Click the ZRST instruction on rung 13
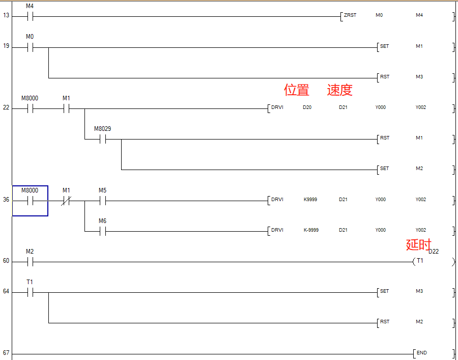coord(350,15)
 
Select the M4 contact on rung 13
coord(30,16)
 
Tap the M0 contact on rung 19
coord(30,47)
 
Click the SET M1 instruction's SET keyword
coord(384,46)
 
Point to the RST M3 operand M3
coord(419,77)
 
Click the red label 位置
coord(297,90)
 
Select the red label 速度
coord(339,90)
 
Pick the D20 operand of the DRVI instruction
coord(307,108)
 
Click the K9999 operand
coord(310,200)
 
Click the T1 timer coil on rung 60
coord(420,261)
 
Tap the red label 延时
coord(418,244)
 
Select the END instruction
coord(421,353)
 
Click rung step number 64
coord(6,292)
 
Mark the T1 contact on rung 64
coord(30,292)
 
